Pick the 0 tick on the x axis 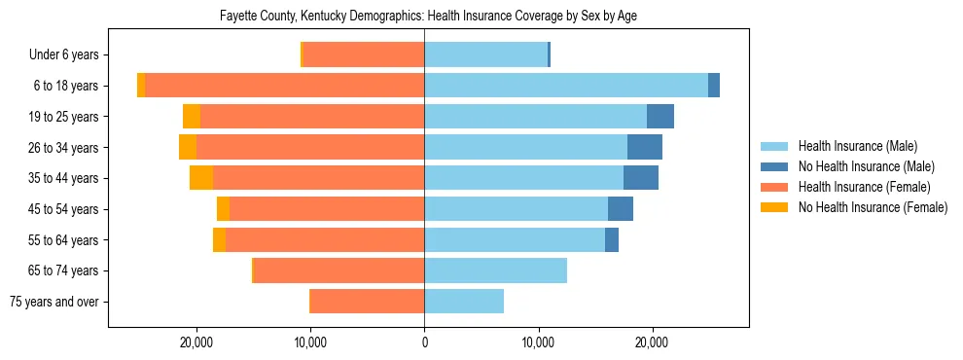point(424,342)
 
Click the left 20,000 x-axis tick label point(196,342)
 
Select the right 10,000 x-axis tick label point(538,342)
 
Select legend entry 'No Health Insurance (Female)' point(872,207)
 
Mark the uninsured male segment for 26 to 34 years point(645,147)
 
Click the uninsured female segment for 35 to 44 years point(201,178)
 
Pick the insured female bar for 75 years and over point(367,302)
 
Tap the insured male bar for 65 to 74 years point(495,270)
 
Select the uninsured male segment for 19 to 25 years point(660,117)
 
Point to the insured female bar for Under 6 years point(364,55)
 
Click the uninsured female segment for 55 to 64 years point(219,240)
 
